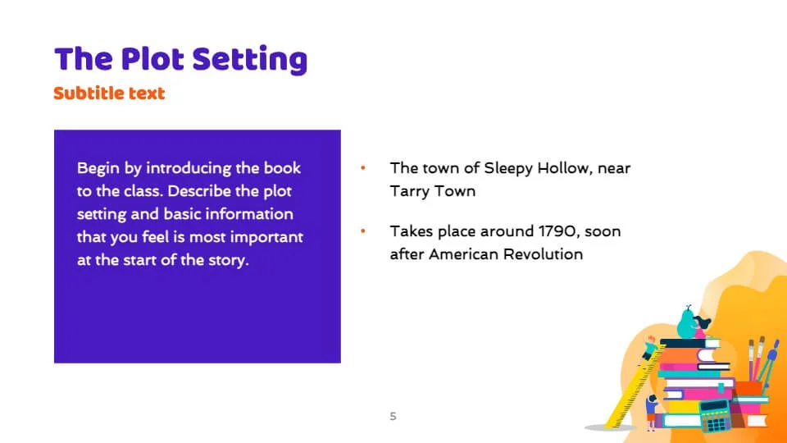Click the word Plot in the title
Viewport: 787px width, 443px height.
[x=152, y=59]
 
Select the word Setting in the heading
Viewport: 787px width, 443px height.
[x=249, y=60]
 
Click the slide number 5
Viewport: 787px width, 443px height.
[x=393, y=417]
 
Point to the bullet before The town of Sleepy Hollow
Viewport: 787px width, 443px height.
[x=363, y=167]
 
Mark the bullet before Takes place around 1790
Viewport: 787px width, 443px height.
[x=363, y=231]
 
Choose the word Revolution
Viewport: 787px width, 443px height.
[x=543, y=254]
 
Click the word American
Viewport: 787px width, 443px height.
[x=463, y=254]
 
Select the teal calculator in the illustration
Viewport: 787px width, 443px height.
[x=716, y=416]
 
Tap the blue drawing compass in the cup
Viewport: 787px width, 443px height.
[x=767, y=363]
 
